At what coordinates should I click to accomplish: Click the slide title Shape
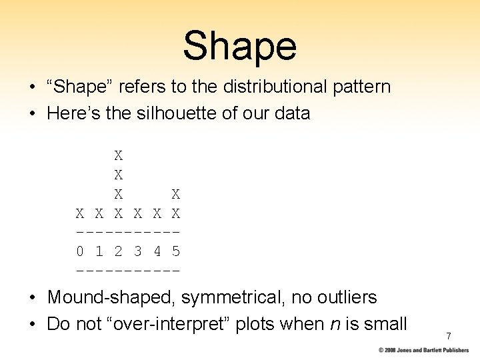239,45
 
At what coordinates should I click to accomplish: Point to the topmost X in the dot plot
119,156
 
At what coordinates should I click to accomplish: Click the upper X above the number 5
176,195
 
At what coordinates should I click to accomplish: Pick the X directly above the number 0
80,214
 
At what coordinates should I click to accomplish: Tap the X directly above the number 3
138,214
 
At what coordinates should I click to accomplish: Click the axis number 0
80,252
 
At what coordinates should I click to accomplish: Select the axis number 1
99,252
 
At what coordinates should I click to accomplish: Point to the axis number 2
119,252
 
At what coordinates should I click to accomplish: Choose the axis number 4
157,252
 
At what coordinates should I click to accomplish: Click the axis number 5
176,252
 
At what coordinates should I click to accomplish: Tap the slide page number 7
449,336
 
